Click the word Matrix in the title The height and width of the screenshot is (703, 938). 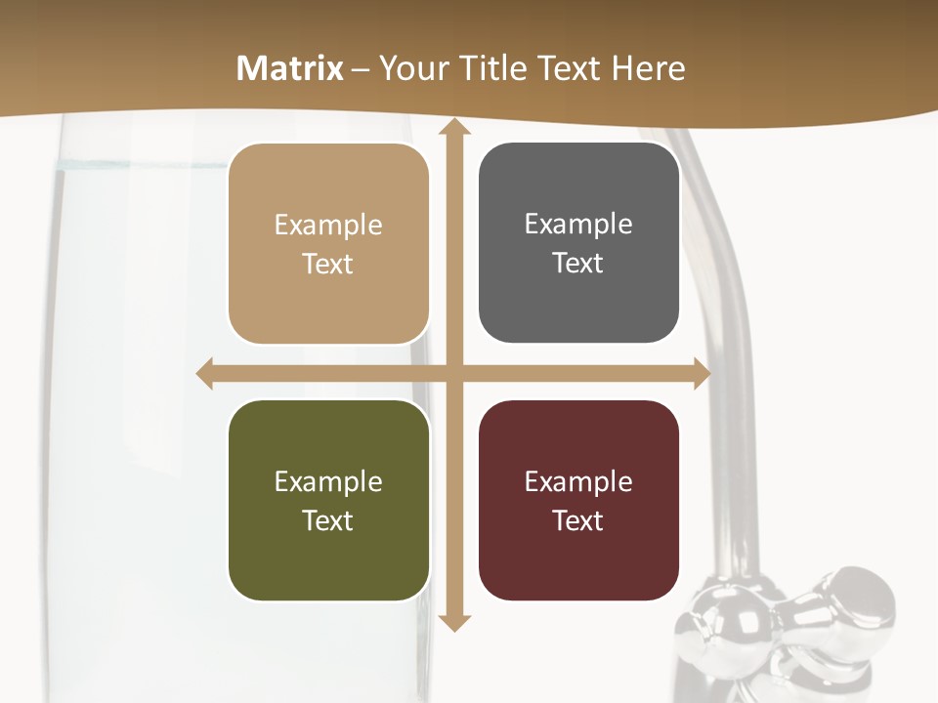tap(290, 68)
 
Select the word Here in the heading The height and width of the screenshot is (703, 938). tap(649, 68)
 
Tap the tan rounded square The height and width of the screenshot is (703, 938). tap(328, 244)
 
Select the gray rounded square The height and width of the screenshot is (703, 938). tap(578, 243)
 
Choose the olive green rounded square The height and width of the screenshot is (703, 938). tap(328, 500)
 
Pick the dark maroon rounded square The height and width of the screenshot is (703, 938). tap(578, 500)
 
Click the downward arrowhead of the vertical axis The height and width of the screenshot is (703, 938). tap(453, 622)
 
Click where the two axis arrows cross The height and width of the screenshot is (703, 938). tap(453, 374)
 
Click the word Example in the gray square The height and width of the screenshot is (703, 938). tap(578, 224)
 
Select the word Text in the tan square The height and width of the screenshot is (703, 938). tap(328, 264)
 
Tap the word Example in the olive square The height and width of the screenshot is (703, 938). tap(328, 481)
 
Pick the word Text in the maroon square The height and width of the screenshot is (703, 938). tap(578, 520)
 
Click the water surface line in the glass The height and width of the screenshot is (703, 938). tap(137, 166)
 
